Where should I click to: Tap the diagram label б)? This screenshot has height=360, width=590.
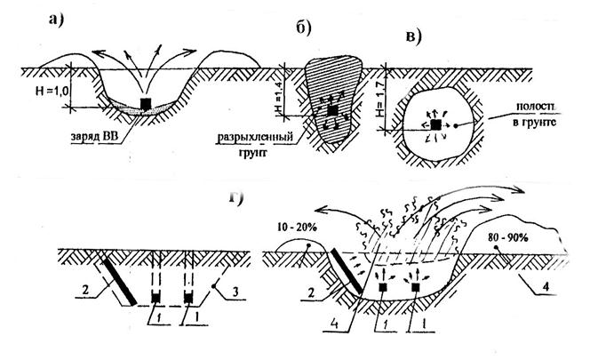pyautogui.click(x=302, y=29)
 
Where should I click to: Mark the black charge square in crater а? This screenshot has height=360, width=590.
pyautogui.click(x=146, y=103)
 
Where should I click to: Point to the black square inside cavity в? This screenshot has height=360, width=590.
pyautogui.click(x=435, y=127)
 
